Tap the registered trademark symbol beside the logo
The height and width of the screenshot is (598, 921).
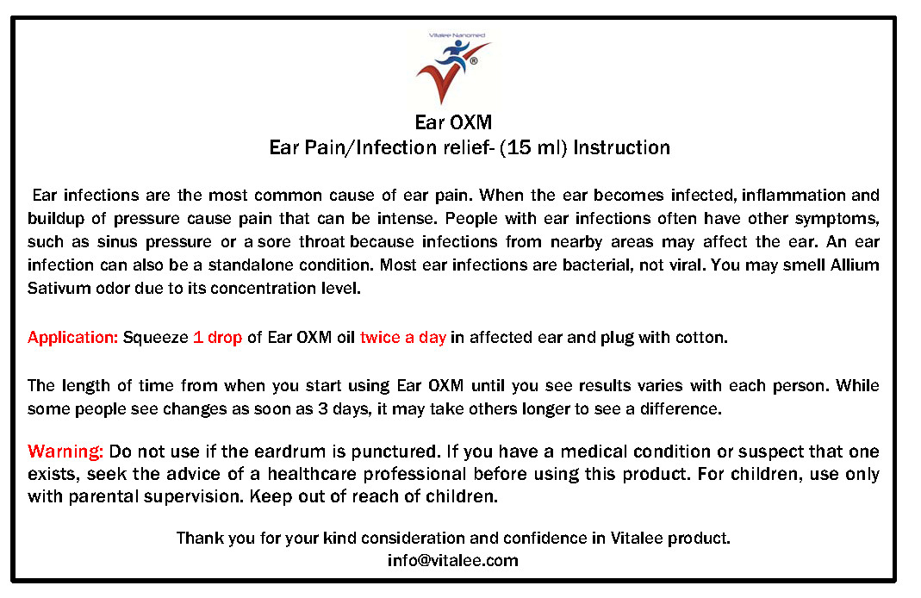[x=474, y=60]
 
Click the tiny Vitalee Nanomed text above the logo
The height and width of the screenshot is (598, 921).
[x=457, y=35]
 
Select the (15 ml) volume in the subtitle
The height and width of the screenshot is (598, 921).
[x=533, y=147]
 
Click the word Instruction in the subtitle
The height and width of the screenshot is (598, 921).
[x=621, y=147]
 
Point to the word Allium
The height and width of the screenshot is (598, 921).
[x=855, y=265]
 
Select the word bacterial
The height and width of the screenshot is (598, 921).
[x=598, y=265]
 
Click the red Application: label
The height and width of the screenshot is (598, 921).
[x=73, y=338]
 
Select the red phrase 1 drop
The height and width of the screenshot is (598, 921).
[x=217, y=338]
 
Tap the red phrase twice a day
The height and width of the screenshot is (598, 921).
[x=403, y=338]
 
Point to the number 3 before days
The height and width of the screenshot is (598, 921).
[x=322, y=408]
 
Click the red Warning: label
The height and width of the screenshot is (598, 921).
[x=65, y=452]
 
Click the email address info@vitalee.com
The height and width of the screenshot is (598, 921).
[x=453, y=560]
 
